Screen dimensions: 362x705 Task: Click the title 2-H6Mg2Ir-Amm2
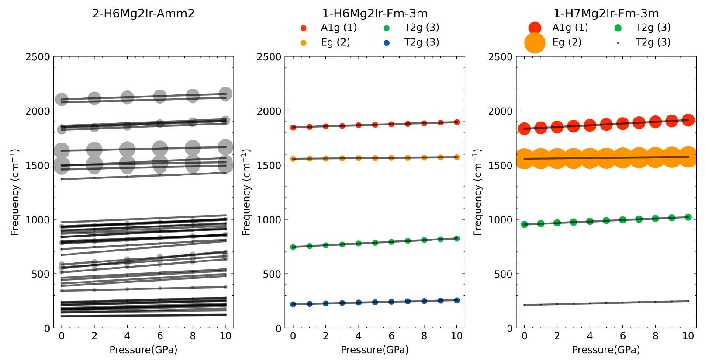point(143,13)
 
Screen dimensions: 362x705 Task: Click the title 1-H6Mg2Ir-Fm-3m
point(375,13)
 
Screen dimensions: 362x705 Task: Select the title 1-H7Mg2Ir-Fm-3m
point(606,13)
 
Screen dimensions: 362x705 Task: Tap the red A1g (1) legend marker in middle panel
point(304,28)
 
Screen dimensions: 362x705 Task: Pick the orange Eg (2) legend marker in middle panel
point(304,42)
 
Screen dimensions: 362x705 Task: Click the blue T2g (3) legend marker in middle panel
point(387,42)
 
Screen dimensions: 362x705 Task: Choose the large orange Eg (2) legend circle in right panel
point(535,42)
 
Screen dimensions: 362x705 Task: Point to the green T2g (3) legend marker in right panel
point(618,28)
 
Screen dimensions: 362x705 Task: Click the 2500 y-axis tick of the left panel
point(39,57)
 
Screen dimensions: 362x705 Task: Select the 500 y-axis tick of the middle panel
point(273,274)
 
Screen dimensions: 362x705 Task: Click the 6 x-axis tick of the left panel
point(160,336)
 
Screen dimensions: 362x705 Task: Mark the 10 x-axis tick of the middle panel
point(457,336)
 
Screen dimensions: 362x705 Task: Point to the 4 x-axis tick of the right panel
point(590,336)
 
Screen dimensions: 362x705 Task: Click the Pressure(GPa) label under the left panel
point(143,350)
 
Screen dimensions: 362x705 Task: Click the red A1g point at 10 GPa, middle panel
point(457,122)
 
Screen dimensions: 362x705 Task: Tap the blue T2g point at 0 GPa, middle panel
point(293,304)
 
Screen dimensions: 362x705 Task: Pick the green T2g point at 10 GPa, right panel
point(688,217)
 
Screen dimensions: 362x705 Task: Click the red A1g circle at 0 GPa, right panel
point(524,129)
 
